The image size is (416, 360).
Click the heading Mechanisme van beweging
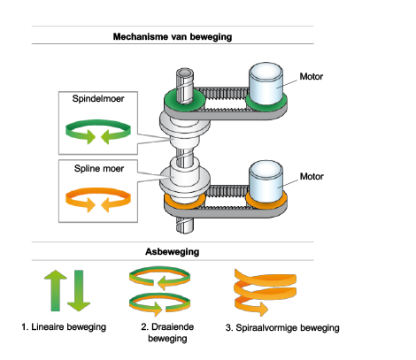tap(173, 37)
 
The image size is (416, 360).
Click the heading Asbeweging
tap(173, 251)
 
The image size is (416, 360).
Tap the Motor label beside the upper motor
tap(312, 76)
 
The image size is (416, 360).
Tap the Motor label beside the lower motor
tap(312, 176)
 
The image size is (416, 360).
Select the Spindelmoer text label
tap(98, 98)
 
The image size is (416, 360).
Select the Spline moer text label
tap(99, 168)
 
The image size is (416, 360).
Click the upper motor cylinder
tap(266, 83)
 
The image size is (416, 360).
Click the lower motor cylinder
tap(266, 181)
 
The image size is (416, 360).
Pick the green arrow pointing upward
tap(56, 290)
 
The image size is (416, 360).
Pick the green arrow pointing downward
tap(79, 290)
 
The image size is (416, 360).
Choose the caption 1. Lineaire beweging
tap(64, 327)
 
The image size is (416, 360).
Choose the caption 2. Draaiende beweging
tap(167, 333)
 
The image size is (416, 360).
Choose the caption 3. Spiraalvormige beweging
tap(282, 328)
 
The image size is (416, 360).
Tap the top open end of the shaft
tap(185, 73)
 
